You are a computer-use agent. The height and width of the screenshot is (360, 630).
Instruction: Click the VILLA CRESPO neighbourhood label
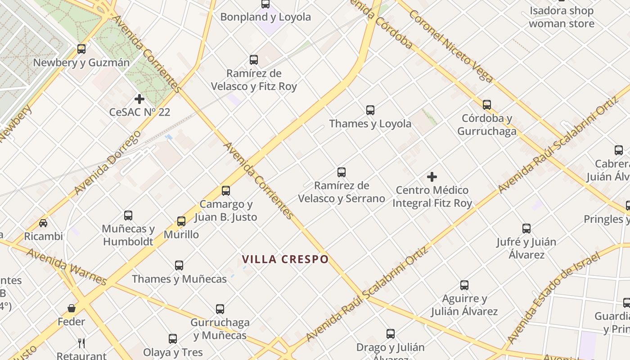click(285, 259)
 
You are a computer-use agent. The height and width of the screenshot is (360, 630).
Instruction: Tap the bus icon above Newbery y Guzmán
click(81, 49)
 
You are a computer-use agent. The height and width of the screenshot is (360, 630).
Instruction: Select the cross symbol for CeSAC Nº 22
click(139, 99)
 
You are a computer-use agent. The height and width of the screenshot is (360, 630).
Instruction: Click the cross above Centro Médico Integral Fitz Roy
click(432, 177)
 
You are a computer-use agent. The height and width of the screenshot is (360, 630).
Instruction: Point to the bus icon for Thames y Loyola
click(370, 110)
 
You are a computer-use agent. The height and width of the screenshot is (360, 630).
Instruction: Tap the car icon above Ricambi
click(43, 223)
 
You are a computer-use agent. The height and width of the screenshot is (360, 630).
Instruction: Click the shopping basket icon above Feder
click(71, 308)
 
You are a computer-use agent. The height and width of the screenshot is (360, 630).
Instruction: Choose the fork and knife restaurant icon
click(81, 343)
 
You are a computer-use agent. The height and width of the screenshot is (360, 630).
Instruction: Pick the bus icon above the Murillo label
click(181, 221)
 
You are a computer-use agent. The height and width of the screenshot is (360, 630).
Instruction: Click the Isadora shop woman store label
click(562, 17)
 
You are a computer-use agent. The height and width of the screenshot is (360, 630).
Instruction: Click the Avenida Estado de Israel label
click(553, 298)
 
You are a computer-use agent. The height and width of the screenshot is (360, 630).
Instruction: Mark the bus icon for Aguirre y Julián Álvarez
click(464, 285)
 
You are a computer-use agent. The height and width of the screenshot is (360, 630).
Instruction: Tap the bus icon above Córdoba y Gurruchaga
click(487, 105)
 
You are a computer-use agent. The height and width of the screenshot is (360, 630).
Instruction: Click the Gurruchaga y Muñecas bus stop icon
click(220, 309)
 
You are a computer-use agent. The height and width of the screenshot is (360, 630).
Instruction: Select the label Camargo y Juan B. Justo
click(226, 211)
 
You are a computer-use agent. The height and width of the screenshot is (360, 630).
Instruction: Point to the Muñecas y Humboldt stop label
click(128, 235)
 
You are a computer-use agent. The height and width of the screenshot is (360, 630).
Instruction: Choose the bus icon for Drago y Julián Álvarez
click(391, 334)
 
